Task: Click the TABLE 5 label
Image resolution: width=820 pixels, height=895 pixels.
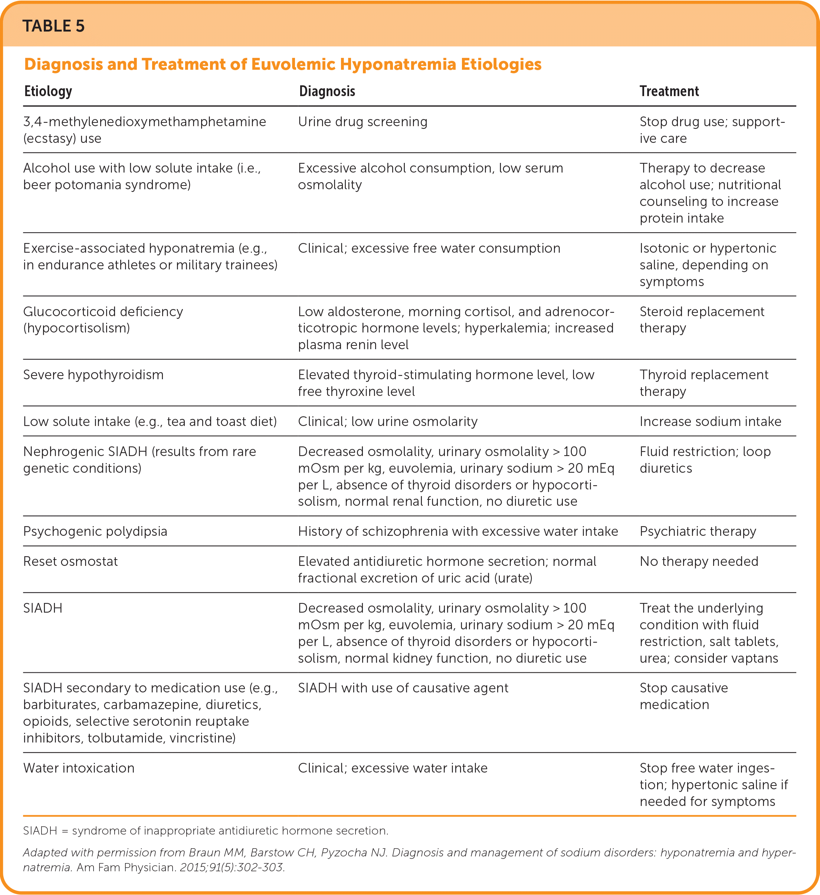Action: tap(53, 26)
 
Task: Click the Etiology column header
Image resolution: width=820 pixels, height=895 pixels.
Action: tap(48, 91)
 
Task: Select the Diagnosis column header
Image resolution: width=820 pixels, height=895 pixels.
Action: tap(327, 91)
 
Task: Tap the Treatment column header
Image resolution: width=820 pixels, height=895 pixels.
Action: tap(669, 91)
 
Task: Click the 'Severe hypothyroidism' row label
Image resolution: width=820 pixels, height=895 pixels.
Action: tap(93, 375)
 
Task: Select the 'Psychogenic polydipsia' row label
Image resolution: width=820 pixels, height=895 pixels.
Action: tap(95, 531)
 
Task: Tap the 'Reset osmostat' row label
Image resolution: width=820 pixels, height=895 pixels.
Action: tap(70, 561)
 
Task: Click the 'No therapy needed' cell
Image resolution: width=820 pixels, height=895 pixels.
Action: tap(698, 561)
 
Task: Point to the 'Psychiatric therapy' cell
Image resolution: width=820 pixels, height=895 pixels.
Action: tap(698, 531)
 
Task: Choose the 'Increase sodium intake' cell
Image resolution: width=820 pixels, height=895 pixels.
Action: tap(710, 421)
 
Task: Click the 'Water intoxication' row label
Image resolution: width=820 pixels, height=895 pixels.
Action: tap(79, 768)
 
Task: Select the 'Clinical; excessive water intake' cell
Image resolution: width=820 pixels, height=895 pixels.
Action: tap(393, 768)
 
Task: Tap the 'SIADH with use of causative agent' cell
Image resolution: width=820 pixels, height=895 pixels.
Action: tap(403, 688)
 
